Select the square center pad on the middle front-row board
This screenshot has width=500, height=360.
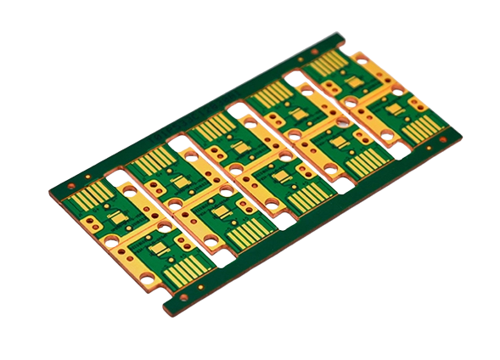coord(279,179)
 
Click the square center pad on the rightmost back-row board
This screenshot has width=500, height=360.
coord(349,82)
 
